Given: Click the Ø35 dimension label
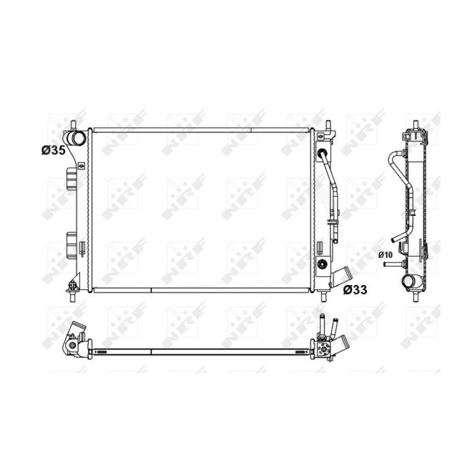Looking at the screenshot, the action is [54, 150].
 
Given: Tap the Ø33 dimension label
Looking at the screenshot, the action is [355, 290].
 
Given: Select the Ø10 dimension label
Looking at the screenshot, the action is [385, 255].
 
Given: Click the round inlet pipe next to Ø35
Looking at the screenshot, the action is [77, 138].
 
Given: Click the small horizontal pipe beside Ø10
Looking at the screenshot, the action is [390, 264].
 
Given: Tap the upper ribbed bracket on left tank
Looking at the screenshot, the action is [72, 178].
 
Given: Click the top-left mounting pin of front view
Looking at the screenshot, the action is [73, 126].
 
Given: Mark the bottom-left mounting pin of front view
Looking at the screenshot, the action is [73, 297].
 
